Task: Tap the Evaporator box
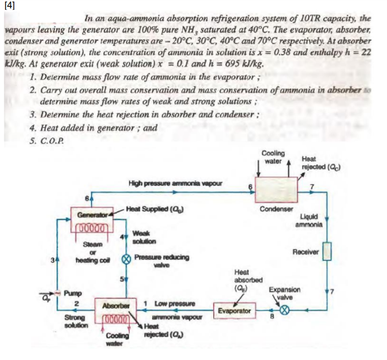coord(234,311)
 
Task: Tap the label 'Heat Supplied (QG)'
coord(155,210)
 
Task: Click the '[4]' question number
coord(10,6)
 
